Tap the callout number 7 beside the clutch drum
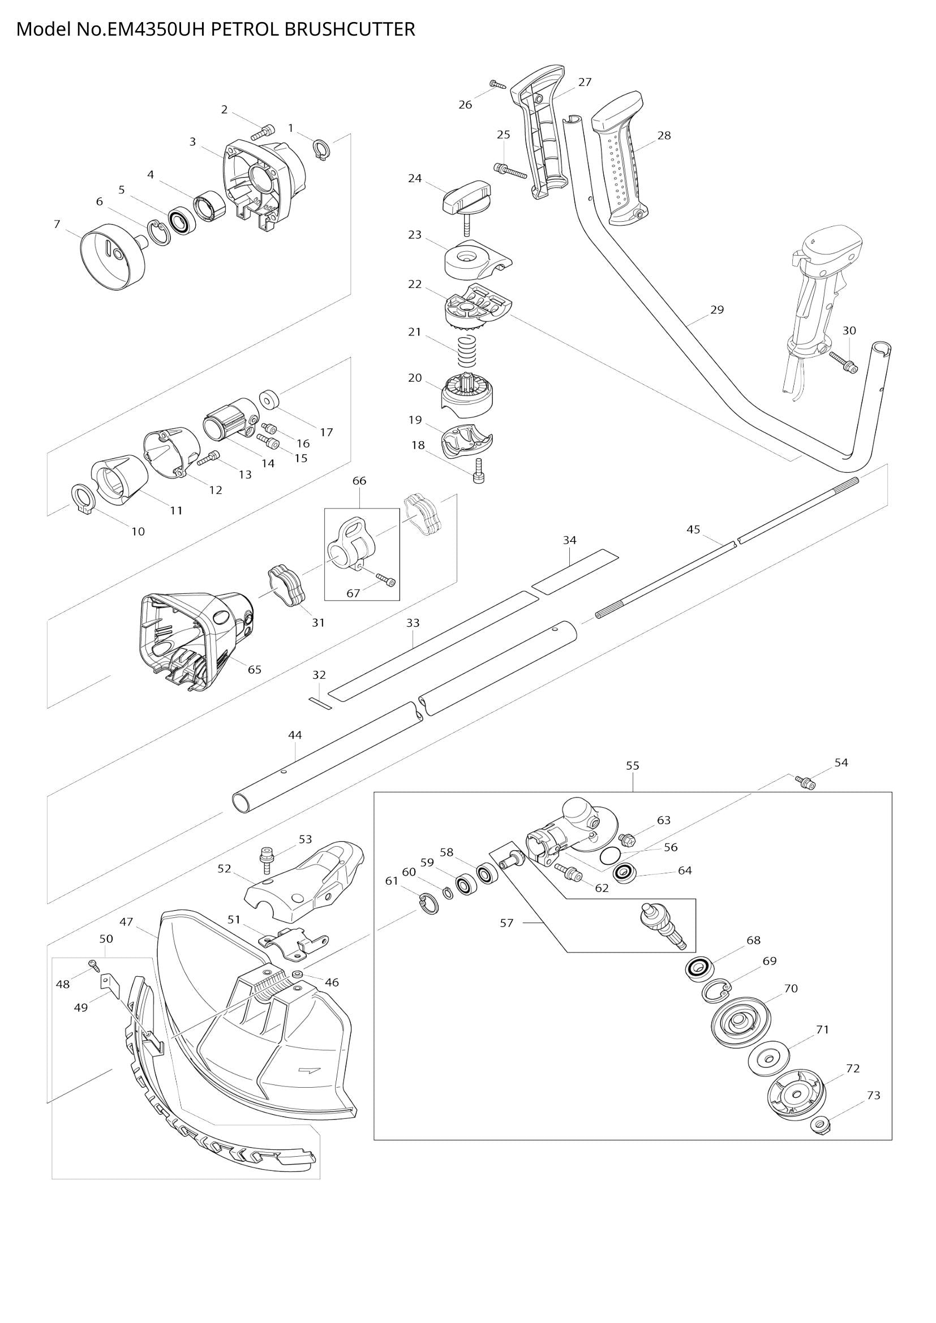click(x=57, y=224)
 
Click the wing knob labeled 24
click(x=467, y=199)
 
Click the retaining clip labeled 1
click(x=323, y=149)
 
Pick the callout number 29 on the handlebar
click(x=716, y=309)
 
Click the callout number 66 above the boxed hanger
click(x=359, y=481)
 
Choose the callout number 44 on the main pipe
click(x=294, y=735)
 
